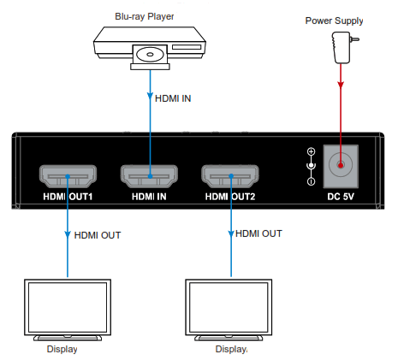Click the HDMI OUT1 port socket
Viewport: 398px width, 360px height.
pyautogui.click(x=67, y=177)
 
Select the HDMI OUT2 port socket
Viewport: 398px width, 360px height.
pyautogui.click(x=231, y=177)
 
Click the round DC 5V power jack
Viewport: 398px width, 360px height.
pyautogui.click(x=342, y=164)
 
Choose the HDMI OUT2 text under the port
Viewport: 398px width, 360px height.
pyautogui.click(x=232, y=196)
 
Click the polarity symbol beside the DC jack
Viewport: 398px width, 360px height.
pyautogui.click(x=311, y=166)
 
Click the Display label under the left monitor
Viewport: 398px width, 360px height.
pyautogui.click(x=61, y=349)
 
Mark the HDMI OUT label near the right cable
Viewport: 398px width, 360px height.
pyautogui.click(x=258, y=233)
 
